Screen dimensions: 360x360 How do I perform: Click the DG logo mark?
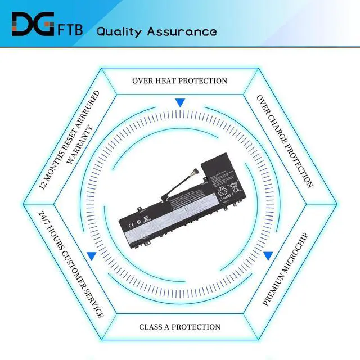(x=32, y=24)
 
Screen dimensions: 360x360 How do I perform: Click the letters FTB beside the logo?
(x=71, y=28)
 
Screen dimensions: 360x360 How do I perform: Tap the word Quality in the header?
(x=119, y=31)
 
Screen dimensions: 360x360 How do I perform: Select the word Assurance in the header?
(x=181, y=31)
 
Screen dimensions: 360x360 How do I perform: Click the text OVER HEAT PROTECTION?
(x=180, y=80)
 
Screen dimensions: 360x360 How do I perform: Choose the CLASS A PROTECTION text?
(x=180, y=327)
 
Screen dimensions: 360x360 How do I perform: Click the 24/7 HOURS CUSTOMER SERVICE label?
(x=71, y=264)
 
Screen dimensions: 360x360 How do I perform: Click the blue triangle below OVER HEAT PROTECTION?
(x=180, y=103)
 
